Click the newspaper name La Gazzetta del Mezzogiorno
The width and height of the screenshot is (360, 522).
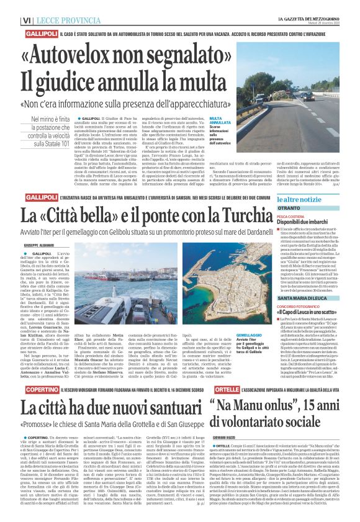coord(313,5)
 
